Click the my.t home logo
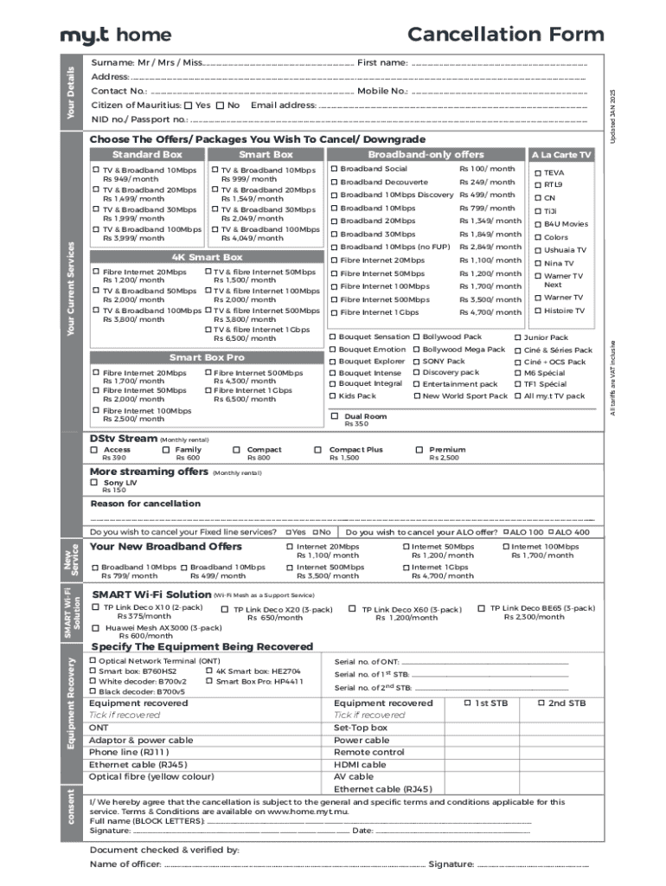(x=115, y=35)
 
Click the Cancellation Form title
(x=505, y=35)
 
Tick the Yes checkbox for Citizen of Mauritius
(x=189, y=106)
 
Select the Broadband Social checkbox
(x=334, y=169)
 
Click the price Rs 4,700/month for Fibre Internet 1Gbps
(x=490, y=311)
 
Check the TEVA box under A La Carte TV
(x=537, y=173)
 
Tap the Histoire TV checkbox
(x=537, y=311)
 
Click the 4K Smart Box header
(x=207, y=257)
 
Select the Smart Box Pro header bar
(x=207, y=357)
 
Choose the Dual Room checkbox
(x=336, y=416)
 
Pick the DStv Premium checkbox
(x=419, y=450)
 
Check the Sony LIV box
(x=94, y=482)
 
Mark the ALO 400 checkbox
(x=549, y=532)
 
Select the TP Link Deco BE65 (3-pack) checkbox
(x=482, y=608)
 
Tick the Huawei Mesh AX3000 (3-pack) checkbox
(x=96, y=627)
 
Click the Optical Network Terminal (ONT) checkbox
(x=93, y=661)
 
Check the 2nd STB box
(x=541, y=703)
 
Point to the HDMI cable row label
(x=360, y=765)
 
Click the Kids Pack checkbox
(x=332, y=395)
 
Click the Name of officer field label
(x=125, y=864)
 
